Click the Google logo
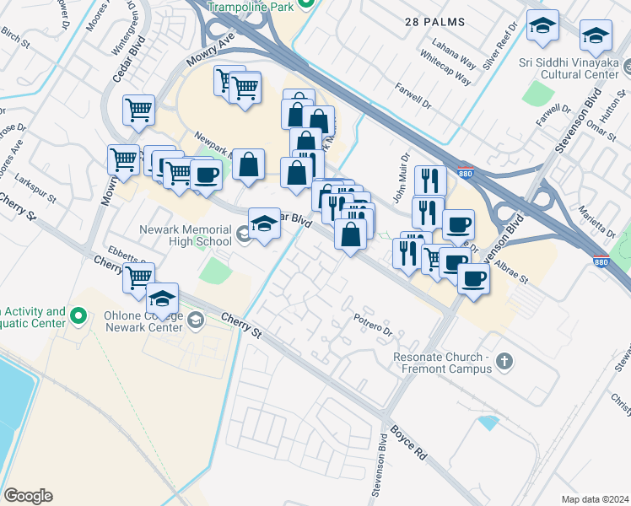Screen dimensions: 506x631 (x=27, y=496)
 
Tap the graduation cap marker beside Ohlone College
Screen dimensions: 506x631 (x=163, y=299)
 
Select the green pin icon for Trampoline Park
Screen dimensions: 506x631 (x=307, y=4)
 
